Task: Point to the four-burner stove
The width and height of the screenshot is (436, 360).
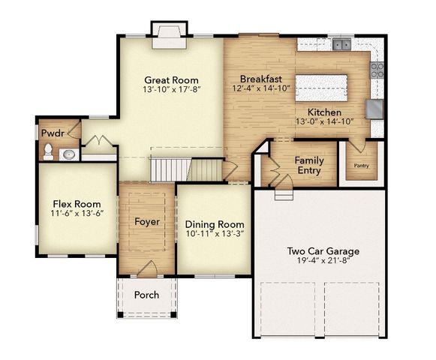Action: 377,70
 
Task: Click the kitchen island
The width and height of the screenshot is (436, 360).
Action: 321,88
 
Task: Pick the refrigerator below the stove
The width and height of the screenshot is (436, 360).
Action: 374,109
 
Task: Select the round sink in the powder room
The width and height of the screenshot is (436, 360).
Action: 68,154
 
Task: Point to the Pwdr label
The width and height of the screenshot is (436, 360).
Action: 51,133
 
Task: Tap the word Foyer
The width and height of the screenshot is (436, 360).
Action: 147,222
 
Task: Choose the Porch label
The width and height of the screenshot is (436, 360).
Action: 146,295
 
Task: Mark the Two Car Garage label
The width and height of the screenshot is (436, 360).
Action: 323,251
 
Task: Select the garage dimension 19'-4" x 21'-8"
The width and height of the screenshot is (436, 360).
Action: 323,262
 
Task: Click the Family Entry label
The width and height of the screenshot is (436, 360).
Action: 308,166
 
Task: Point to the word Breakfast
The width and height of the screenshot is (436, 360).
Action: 260,79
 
